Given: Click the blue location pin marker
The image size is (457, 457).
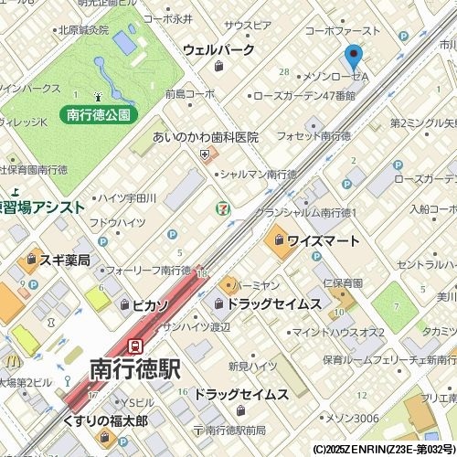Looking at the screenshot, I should click(353, 57).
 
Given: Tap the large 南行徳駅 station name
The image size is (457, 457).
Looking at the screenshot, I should click(134, 369).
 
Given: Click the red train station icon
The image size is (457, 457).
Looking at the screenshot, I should click(136, 346).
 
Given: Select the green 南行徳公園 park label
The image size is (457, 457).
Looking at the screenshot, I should click(101, 115).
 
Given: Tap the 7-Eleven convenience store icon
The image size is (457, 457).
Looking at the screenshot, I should click(222, 210).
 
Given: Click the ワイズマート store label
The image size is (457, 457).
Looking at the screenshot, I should click(322, 241).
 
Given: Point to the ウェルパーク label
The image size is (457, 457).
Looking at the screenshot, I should click(218, 49).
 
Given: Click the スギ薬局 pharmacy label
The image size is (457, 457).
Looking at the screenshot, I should click(64, 260).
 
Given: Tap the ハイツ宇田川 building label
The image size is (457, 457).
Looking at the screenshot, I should click(127, 197).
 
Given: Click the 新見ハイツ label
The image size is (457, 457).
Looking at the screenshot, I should click(252, 367).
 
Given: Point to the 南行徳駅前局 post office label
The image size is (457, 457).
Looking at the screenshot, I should click(235, 430).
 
